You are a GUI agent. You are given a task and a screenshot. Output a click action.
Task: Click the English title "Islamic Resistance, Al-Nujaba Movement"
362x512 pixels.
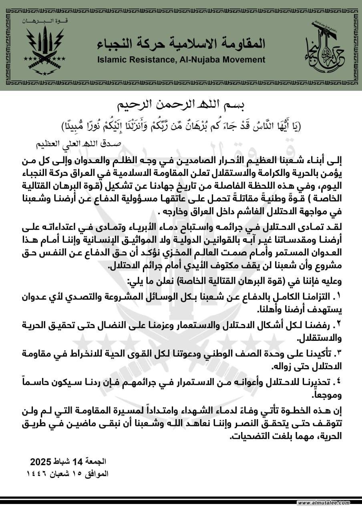[181, 60]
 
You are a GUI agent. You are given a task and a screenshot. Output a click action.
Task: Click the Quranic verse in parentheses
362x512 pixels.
[181, 126]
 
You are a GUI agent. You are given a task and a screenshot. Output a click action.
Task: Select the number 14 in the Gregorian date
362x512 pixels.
[79, 462]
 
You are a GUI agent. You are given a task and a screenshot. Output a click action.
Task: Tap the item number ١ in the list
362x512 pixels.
[338, 297]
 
